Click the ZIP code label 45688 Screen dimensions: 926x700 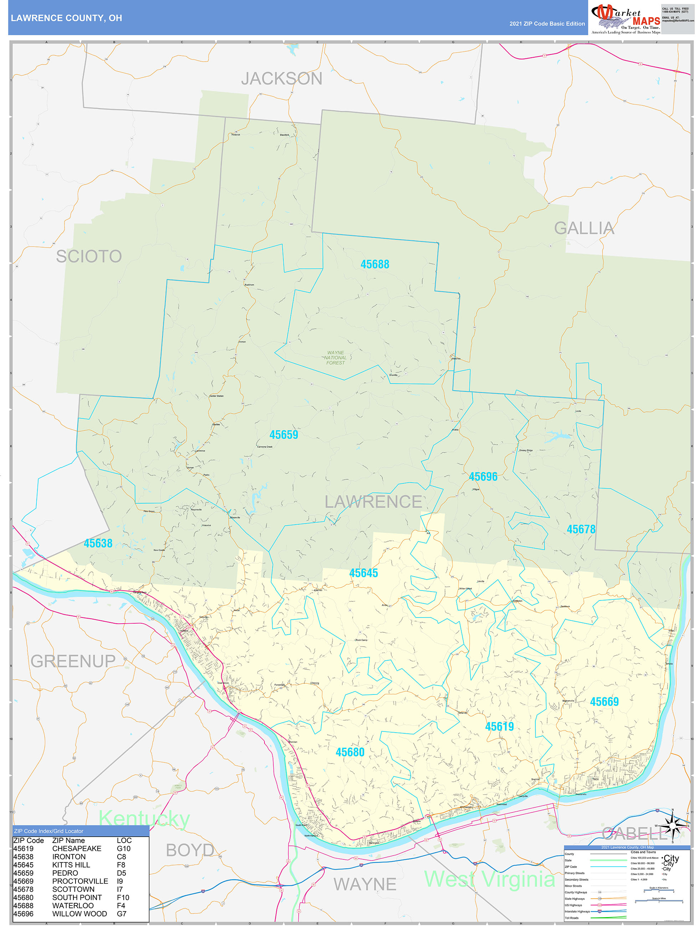[375, 264]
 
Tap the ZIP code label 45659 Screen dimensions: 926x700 [284, 435]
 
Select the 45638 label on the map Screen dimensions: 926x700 [98, 543]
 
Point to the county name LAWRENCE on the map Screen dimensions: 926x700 [373, 501]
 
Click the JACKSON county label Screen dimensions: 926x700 [282, 79]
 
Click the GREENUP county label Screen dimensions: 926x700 [73, 661]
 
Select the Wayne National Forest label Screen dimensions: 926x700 [335, 358]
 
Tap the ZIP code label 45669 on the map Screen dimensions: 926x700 [604, 702]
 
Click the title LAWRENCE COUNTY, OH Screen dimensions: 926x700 [67, 18]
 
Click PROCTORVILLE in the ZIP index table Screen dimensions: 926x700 [80, 881]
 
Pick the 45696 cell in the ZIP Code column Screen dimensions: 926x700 [24, 914]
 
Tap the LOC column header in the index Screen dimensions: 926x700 [124, 841]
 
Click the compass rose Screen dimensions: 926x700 [672, 825]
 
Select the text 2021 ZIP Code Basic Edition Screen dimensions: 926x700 [547, 24]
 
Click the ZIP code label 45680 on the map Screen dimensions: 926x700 [350, 752]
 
